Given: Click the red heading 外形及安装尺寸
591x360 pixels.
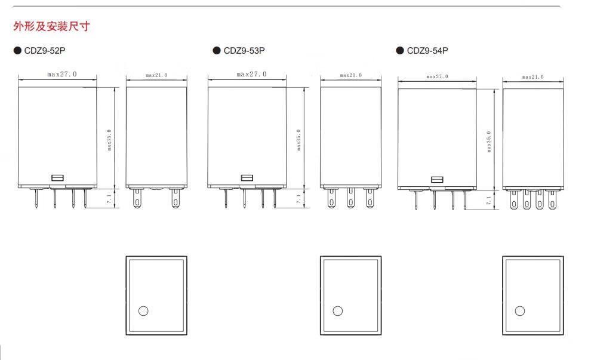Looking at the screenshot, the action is pyautogui.click(x=51, y=26).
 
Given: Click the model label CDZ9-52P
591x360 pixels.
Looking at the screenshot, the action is pyautogui.click(x=45, y=51).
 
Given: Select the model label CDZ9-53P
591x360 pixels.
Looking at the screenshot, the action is pyautogui.click(x=244, y=51).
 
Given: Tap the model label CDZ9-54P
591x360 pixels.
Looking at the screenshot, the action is pyautogui.click(x=427, y=51).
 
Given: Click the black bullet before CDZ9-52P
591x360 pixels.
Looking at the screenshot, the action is pyautogui.click(x=17, y=51).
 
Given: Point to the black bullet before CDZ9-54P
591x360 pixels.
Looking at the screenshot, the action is pyautogui.click(x=400, y=51).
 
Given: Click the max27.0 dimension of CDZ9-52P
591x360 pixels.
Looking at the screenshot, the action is pyautogui.click(x=62, y=74).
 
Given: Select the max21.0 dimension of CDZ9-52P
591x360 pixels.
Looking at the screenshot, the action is pyautogui.click(x=156, y=75).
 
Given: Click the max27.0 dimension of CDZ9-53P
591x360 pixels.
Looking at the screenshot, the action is pyautogui.click(x=251, y=74).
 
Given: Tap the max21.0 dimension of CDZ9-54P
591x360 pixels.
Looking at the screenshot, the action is pyautogui.click(x=532, y=77).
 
